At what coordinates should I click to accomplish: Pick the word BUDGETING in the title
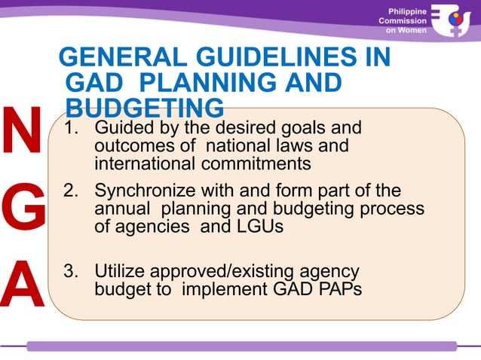point(145,105)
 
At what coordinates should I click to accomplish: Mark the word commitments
point(258,163)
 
